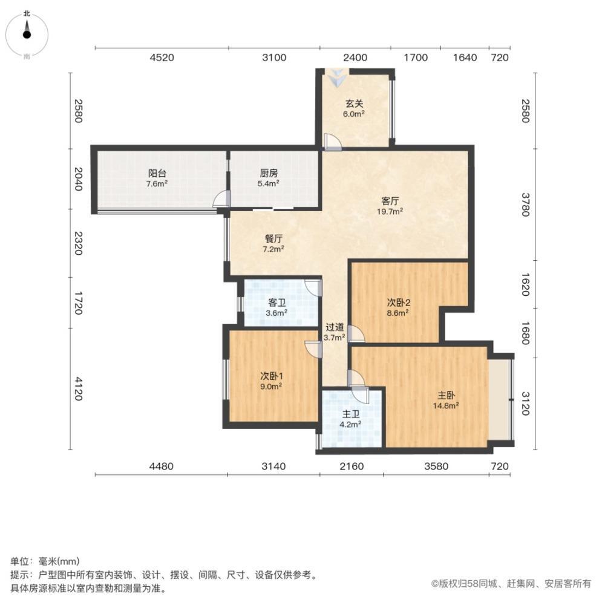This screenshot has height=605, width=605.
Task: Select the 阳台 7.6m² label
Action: pyautogui.click(x=157, y=178)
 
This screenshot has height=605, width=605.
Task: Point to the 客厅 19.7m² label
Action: pyautogui.click(x=390, y=206)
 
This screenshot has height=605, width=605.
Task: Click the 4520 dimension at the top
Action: pyautogui.click(x=162, y=57)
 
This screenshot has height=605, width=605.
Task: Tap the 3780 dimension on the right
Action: pyautogui.click(x=525, y=204)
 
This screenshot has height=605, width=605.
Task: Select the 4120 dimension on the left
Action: pyautogui.click(x=78, y=389)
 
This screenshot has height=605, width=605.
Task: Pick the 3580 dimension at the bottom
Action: pyautogui.click(x=436, y=466)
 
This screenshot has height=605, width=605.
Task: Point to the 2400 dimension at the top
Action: pyautogui.click(x=355, y=57)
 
